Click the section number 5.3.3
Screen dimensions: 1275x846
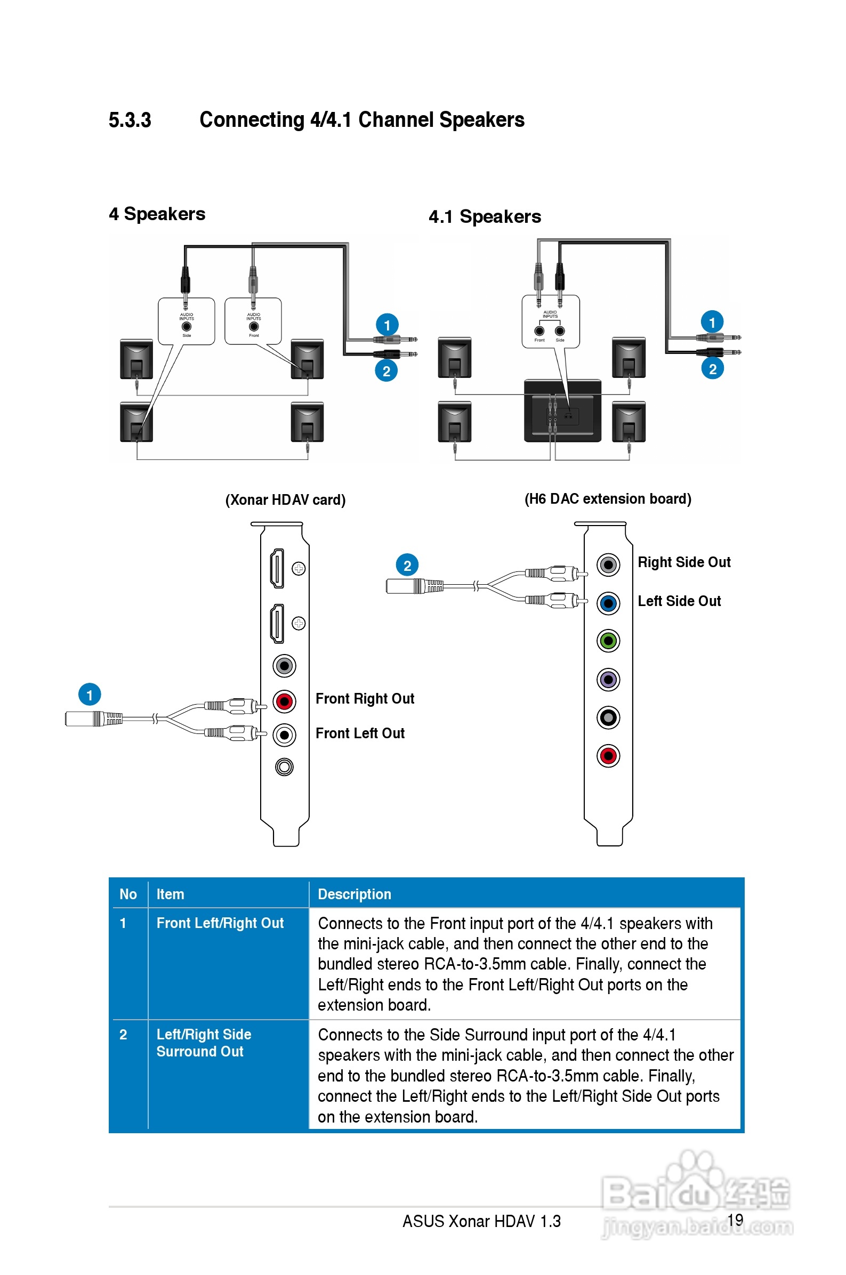point(130,120)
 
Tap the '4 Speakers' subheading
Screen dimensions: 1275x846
point(157,214)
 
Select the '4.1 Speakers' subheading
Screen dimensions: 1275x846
point(485,217)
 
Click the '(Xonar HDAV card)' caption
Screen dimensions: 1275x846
point(285,500)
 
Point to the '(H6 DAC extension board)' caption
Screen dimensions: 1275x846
point(608,499)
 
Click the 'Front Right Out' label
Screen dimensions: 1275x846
point(365,699)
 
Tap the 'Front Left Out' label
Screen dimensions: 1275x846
point(360,733)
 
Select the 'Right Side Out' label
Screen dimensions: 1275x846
point(683,562)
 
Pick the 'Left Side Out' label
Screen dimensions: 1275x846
point(679,601)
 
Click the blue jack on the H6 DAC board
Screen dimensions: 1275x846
point(608,603)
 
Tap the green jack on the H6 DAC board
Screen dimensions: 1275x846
point(608,641)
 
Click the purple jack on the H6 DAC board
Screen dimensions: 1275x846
point(608,680)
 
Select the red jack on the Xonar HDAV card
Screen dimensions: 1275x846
point(284,701)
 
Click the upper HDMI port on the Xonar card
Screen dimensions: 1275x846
point(277,568)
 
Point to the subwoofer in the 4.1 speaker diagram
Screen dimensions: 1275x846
point(562,410)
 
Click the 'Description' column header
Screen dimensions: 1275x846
point(354,894)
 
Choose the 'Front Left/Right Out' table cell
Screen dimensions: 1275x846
point(220,923)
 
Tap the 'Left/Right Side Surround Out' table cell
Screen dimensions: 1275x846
point(204,1043)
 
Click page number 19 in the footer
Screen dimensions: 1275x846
point(735,1220)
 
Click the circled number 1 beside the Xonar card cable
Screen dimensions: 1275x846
point(90,695)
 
